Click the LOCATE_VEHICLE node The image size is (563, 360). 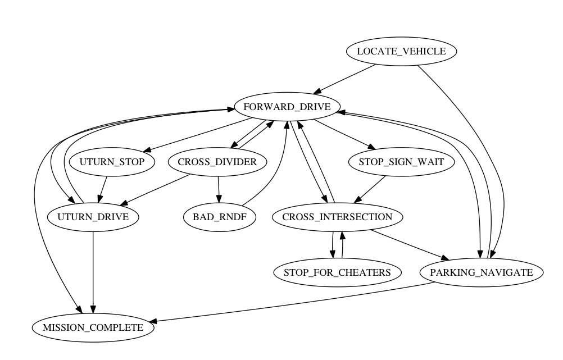[401, 52]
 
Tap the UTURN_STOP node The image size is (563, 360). [112, 162]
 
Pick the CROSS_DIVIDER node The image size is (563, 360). [217, 162]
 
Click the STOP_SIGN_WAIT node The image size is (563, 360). [397, 162]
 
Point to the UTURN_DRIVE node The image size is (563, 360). [93, 217]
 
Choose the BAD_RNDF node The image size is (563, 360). [220, 217]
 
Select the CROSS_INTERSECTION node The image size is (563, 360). [337, 217]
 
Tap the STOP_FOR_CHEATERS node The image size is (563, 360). [338, 272]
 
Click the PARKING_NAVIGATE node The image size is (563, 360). [482, 272]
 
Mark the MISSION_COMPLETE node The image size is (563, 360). [93, 327]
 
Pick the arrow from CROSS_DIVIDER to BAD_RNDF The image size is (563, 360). [218, 189]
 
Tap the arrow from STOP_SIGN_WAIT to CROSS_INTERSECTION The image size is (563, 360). [371, 187]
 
